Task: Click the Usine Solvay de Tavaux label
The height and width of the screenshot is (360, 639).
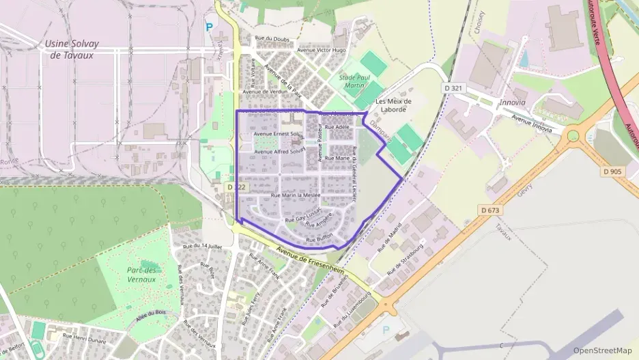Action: click(72, 49)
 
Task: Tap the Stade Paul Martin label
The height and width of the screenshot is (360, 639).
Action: click(354, 81)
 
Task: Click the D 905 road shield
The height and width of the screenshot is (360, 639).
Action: click(612, 171)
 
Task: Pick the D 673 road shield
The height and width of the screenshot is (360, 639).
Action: click(491, 210)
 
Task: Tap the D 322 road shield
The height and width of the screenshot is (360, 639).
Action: click(236, 186)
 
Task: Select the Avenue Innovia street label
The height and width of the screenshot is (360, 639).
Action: click(531, 124)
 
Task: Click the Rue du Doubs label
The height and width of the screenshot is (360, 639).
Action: click(272, 39)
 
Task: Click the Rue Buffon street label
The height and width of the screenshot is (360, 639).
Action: click(319, 239)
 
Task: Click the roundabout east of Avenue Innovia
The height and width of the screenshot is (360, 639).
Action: click(573, 136)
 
